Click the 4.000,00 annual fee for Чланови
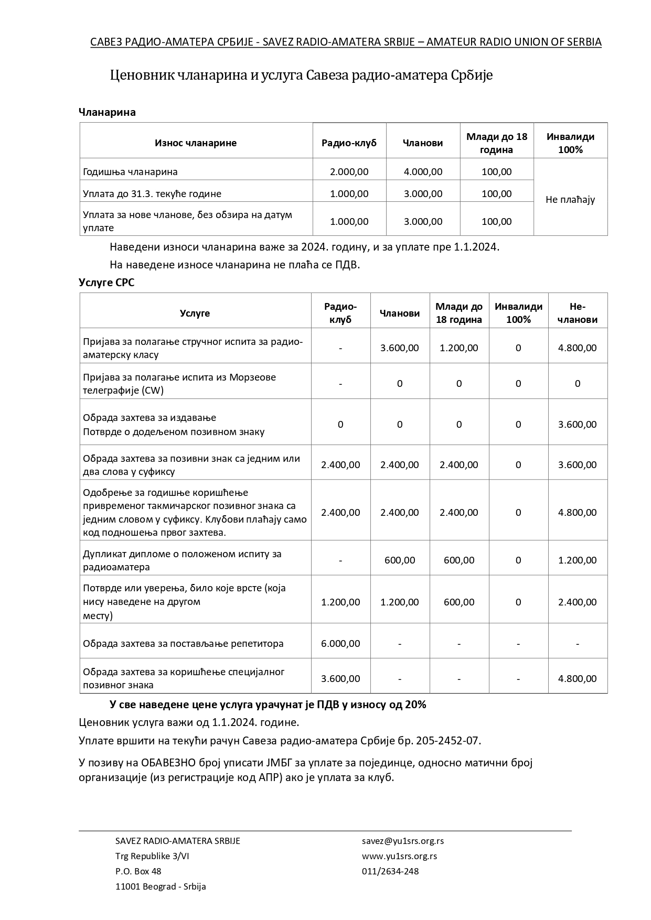click(423, 171)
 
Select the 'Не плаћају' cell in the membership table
click(570, 199)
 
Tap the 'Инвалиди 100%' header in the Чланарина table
click(570, 143)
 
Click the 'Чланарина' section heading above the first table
click(107, 112)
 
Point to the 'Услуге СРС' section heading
click(106, 282)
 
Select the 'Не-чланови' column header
click(577, 313)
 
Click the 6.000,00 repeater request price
click(340, 643)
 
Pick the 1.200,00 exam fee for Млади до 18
click(458, 348)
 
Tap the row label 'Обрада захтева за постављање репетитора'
click(183, 643)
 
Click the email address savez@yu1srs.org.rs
click(402, 840)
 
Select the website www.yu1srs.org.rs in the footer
click(399, 856)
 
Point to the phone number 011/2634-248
click(390, 871)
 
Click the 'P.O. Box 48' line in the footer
click(138, 871)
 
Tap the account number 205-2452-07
click(447, 740)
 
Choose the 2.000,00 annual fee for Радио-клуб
click(349, 171)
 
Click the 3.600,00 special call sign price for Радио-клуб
click(340, 678)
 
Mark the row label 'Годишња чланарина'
click(130, 171)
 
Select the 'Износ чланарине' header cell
click(196, 143)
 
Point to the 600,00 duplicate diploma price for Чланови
click(399, 560)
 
